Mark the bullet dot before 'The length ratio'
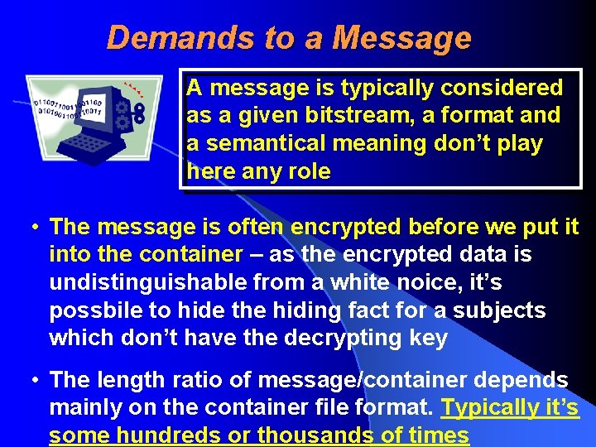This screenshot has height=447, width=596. (x=30, y=380)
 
